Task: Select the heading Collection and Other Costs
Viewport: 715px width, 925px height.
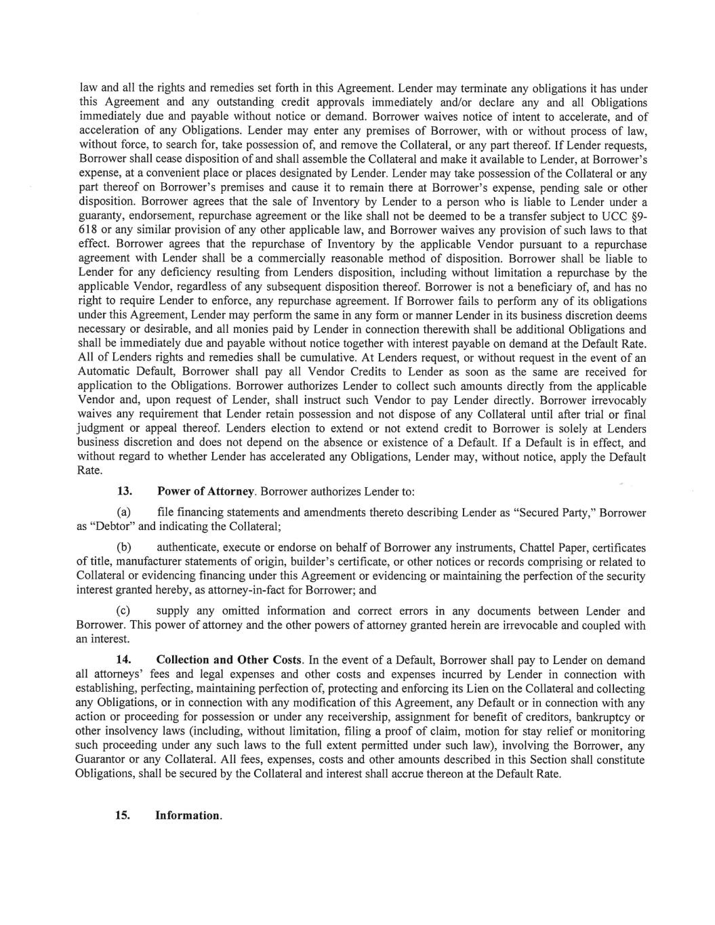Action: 229,660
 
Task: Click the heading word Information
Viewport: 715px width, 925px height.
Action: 188,815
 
